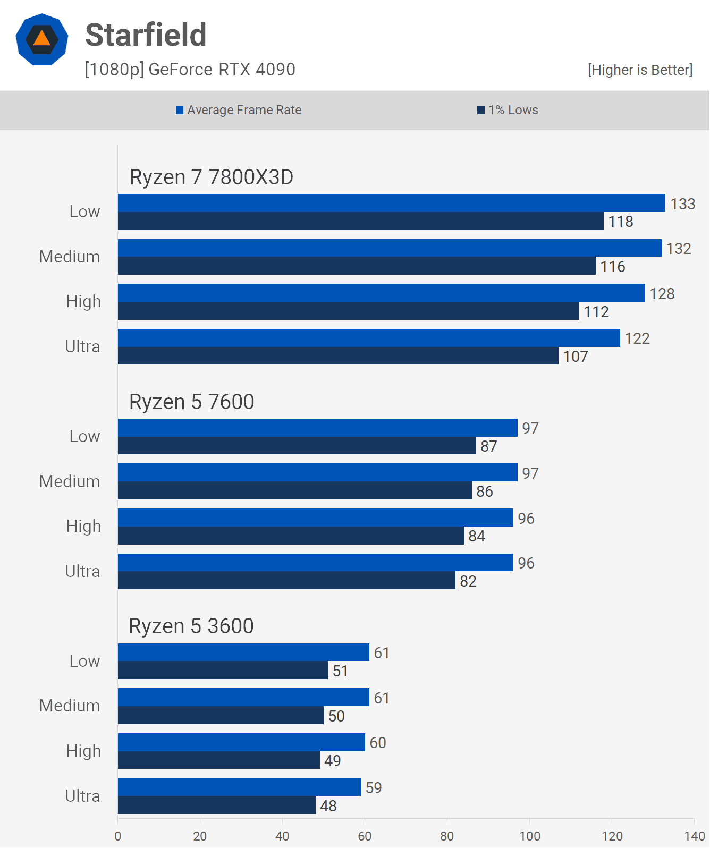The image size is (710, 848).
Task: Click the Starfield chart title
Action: (146, 35)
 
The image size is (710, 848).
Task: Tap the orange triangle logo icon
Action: (42, 39)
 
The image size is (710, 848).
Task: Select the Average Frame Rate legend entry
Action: (239, 110)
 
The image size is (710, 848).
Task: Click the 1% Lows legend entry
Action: (508, 110)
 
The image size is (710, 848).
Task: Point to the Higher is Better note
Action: (640, 70)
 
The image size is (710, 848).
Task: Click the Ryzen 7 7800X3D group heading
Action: (211, 177)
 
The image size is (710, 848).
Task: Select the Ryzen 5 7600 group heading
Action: (191, 402)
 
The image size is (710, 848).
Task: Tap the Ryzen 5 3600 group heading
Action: (191, 626)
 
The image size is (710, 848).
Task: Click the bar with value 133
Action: (391, 203)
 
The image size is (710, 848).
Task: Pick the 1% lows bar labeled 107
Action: (338, 356)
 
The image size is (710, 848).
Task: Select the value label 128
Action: (662, 294)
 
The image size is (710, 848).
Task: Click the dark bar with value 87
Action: (297, 446)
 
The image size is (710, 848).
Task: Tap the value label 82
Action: (468, 581)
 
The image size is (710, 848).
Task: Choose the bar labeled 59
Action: (239, 787)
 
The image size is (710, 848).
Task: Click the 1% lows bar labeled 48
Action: (217, 805)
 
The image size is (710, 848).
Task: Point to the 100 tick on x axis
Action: (530, 836)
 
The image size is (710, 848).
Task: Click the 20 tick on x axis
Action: (200, 836)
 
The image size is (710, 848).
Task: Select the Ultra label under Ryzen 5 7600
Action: (82, 571)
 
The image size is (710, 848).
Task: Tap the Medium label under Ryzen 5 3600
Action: (70, 706)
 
